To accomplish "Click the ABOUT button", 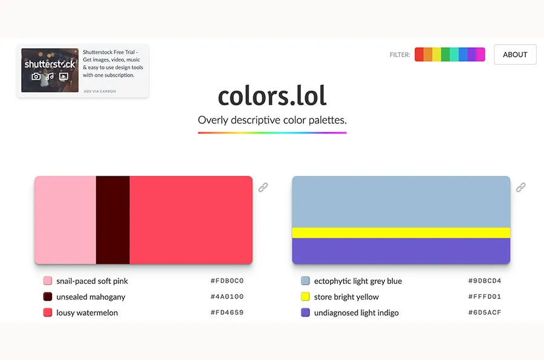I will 515,54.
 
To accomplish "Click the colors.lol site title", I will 272,96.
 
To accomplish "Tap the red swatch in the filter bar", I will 419,54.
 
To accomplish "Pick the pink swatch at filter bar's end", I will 481,54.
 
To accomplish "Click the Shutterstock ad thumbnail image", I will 50,70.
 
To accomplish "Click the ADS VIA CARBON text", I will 100,91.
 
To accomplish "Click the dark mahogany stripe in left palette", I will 112,220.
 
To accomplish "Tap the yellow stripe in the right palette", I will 401,233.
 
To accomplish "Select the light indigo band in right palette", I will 401,251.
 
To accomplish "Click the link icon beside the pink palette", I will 263,187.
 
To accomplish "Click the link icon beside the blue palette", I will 520,187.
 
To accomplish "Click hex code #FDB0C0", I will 227,281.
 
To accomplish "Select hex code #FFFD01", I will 484,297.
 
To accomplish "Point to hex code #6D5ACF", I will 484,312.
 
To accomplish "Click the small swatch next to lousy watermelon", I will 48,312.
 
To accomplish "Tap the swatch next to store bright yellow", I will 305,297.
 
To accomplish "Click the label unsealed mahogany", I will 91,297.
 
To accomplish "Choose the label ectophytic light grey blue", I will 358,281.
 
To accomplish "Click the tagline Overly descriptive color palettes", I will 272,120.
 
